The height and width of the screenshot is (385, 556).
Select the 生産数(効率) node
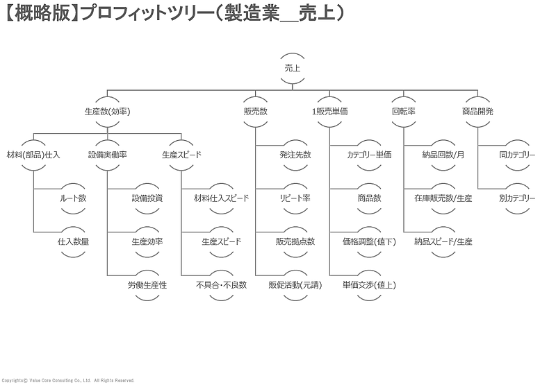click(107, 111)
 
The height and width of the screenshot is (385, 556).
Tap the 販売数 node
click(255, 111)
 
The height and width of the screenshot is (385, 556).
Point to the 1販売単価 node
click(329, 111)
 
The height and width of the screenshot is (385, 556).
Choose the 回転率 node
click(404, 111)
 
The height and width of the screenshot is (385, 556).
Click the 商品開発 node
click(477, 111)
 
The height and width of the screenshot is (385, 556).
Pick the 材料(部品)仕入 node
click(33, 155)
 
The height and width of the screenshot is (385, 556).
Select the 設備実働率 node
click(107, 155)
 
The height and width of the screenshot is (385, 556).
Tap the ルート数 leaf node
click(73, 198)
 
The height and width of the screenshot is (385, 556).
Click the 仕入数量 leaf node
click(73, 241)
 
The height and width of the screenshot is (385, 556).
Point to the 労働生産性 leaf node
click(147, 285)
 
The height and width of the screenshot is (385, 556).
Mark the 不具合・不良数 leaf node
click(221, 285)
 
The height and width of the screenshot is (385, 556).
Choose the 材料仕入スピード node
click(221, 198)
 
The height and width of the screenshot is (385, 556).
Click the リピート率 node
click(295, 198)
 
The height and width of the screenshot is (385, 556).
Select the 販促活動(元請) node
click(295, 285)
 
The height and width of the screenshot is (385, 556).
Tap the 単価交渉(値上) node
click(369, 285)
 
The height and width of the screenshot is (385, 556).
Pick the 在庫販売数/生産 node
click(443, 198)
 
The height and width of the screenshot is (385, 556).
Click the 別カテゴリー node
click(517, 198)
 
